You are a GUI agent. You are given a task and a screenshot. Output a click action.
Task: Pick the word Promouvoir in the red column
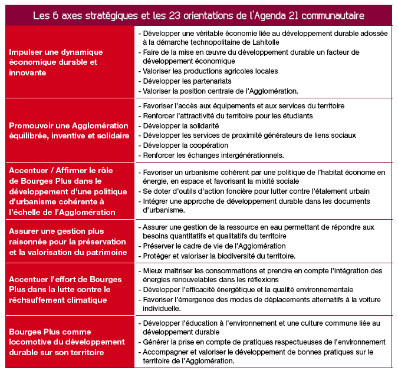click(32, 125)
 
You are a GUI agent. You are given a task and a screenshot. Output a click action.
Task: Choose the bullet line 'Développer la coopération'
click(183, 145)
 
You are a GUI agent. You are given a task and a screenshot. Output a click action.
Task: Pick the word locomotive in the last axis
click(31, 342)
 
